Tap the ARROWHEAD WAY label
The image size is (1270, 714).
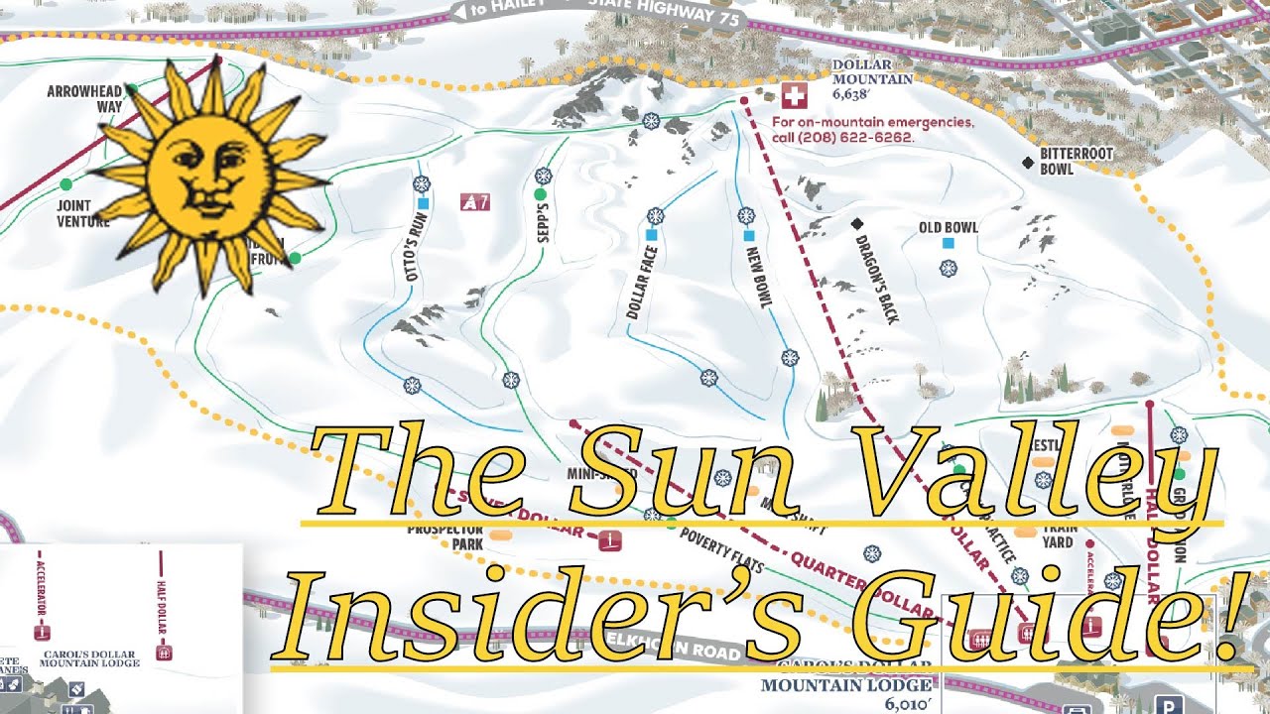[x=85, y=100]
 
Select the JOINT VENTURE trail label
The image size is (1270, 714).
[x=82, y=214]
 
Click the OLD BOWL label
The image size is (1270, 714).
[x=949, y=227]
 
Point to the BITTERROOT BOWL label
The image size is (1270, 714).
[x=1077, y=162]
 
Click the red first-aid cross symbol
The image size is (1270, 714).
[x=794, y=96]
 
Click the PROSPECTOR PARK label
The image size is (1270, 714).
[x=444, y=536]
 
